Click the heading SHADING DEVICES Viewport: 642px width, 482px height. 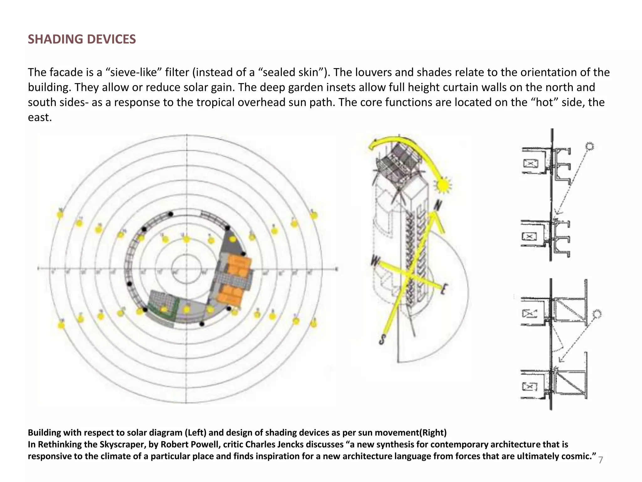pyautogui.click(x=82, y=39)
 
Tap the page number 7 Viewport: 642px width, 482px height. pyautogui.click(x=601, y=460)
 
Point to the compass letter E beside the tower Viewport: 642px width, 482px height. pyautogui.click(x=444, y=289)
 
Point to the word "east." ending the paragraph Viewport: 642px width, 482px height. pyautogui.click(x=40, y=118)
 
